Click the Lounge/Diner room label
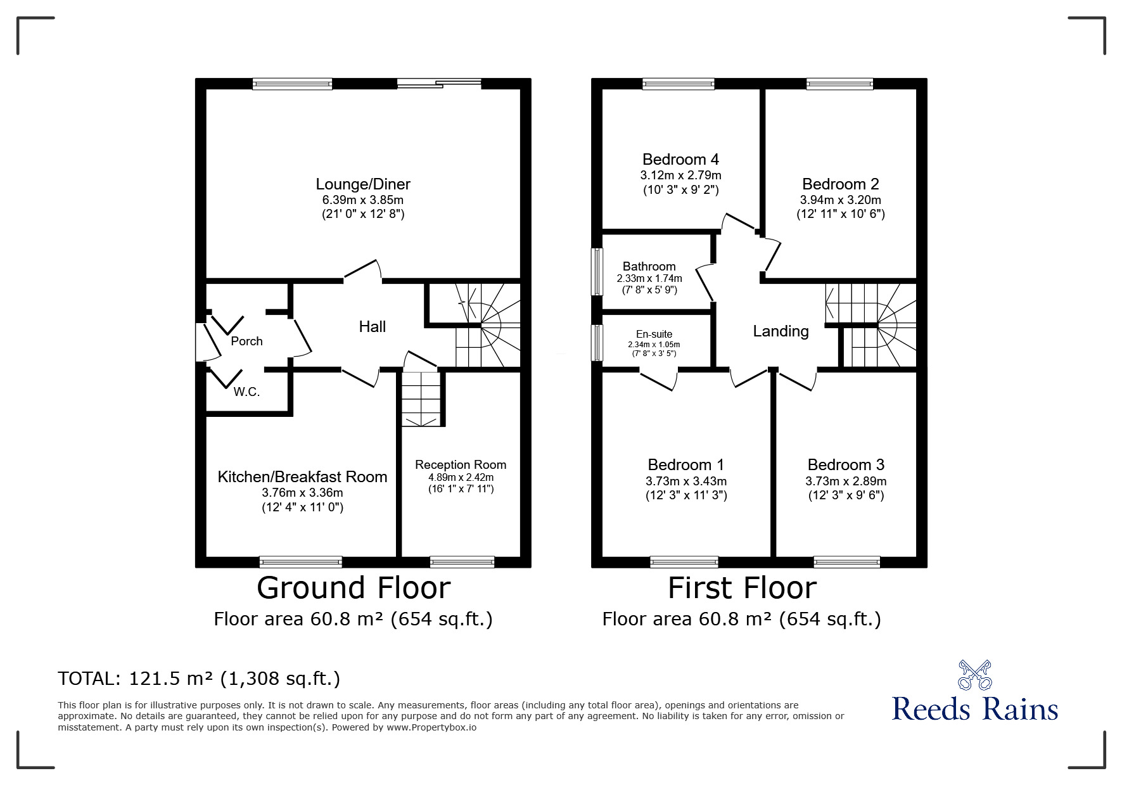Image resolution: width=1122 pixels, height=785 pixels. coord(363,184)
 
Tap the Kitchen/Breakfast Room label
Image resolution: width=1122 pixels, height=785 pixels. coord(302,477)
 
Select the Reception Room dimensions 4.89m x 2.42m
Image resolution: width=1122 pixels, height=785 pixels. coord(461,477)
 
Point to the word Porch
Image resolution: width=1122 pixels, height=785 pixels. coord(246,341)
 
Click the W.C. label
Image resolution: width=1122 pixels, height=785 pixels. coord(246,392)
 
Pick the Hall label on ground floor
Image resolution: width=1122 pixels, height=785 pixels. coord(373,327)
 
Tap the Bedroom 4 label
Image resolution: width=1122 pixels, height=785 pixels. coord(680,159)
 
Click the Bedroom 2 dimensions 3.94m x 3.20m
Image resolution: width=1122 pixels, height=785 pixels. coord(840,200)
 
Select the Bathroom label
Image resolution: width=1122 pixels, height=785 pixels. coord(649,266)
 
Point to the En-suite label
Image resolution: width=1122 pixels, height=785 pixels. coord(654,334)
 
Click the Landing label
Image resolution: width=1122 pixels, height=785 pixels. coord(781,331)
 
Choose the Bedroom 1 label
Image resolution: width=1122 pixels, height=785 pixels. coord(686,465)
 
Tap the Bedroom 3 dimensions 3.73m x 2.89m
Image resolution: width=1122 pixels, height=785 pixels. coord(846,481)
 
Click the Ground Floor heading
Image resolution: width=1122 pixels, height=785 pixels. coord(354,588)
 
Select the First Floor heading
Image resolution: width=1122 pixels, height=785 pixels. coord(742,588)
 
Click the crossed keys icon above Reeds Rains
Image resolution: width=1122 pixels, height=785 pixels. coord(974,675)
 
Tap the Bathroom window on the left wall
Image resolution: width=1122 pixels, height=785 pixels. coord(597,271)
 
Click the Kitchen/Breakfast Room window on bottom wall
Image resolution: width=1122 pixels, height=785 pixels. coord(301,562)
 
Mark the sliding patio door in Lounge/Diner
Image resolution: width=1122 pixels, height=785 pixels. coord(439,84)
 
